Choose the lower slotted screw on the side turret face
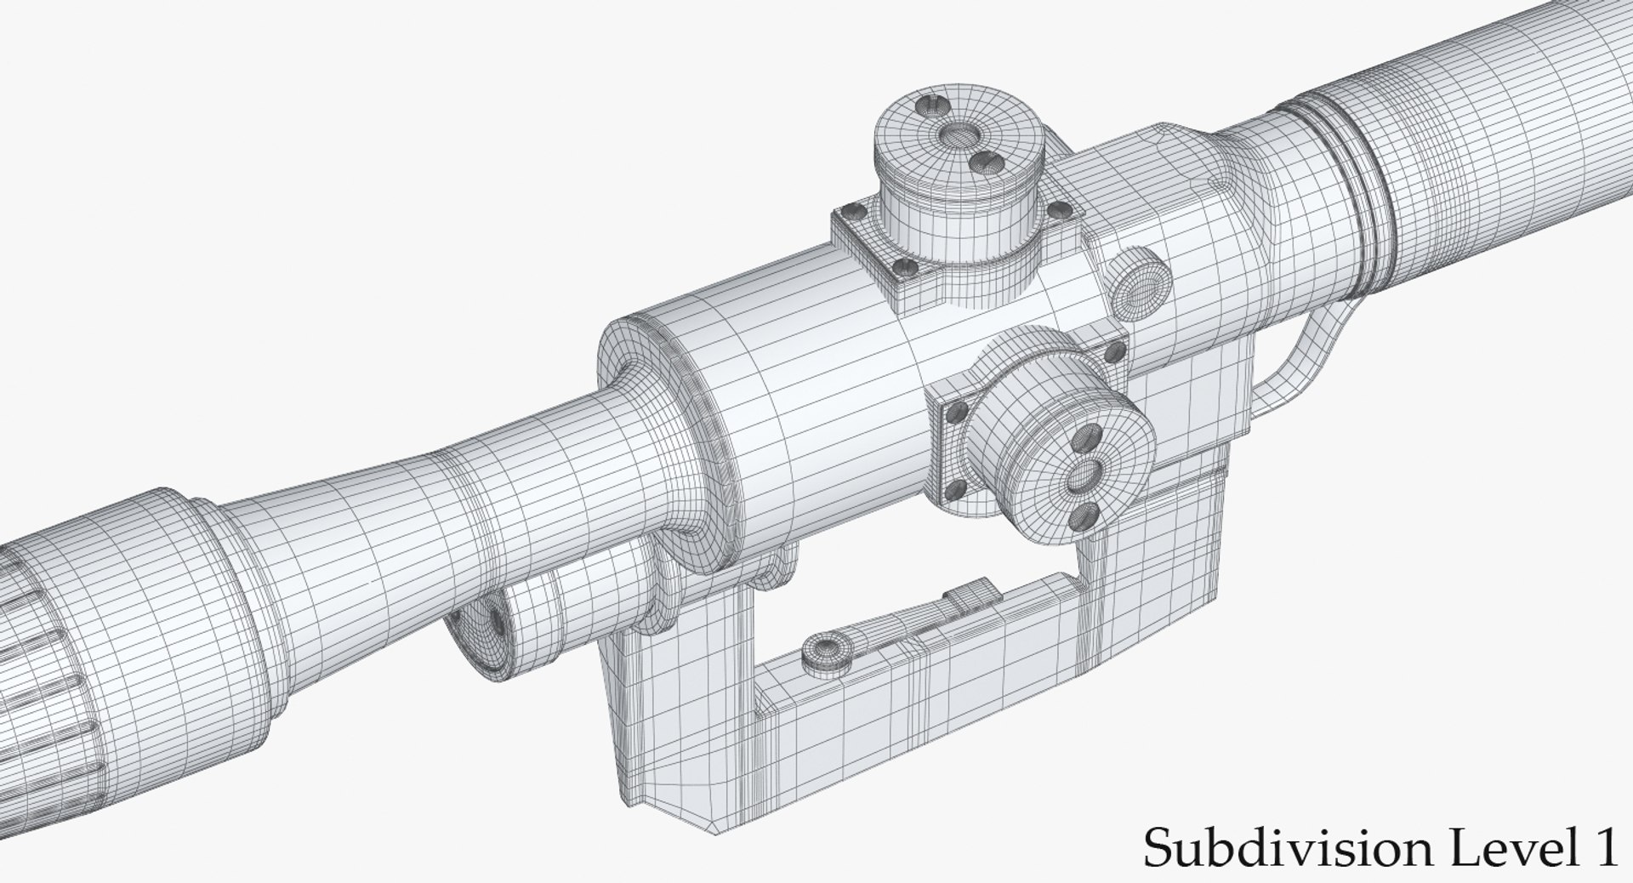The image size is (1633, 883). [1085, 512]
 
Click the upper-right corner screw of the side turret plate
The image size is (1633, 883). [1115, 350]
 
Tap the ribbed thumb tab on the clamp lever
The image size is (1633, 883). [969, 596]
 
